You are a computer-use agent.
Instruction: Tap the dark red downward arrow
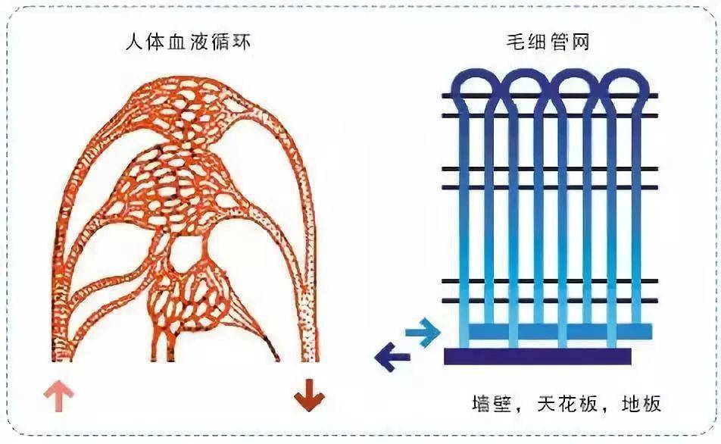click(308, 398)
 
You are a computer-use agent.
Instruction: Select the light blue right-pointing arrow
click(422, 331)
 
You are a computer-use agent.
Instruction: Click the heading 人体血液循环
click(188, 42)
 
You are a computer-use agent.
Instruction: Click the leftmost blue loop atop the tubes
click(476, 83)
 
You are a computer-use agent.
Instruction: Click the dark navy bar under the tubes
click(537, 355)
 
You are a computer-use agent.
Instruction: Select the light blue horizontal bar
click(560, 331)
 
